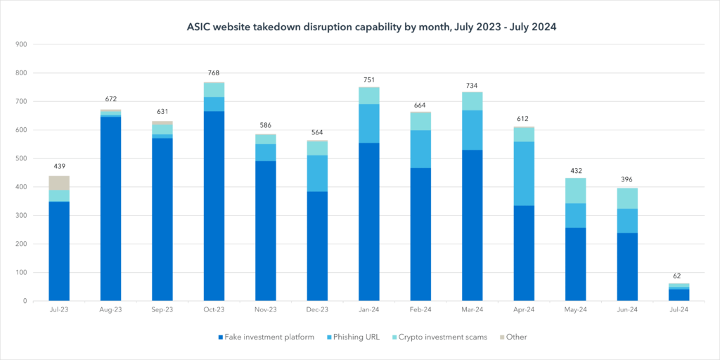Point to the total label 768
(214, 73)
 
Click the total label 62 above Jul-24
(679, 276)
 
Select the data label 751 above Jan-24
(369, 79)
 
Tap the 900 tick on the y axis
(21, 44)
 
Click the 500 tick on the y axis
(21, 158)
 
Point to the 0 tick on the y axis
(25, 301)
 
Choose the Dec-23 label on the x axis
(317, 310)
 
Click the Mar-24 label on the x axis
(472, 310)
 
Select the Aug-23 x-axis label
(110, 310)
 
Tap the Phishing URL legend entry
(355, 337)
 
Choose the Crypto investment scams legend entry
(439, 337)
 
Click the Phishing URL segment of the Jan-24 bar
(369, 123)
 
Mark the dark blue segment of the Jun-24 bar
(627, 266)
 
